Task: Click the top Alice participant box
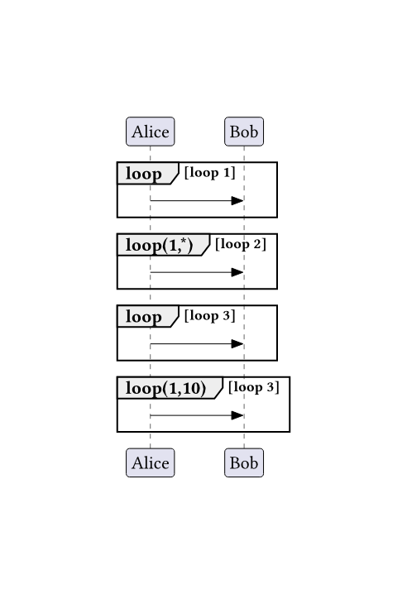tap(150, 132)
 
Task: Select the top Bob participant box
tap(244, 132)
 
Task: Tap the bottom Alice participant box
tap(150, 462)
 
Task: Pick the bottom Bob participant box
tap(244, 462)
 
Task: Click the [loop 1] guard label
tap(209, 173)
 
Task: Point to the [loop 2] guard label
tap(241, 244)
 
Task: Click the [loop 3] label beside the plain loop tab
tap(209, 315)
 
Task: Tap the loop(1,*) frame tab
tap(163, 245)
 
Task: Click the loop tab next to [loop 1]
tap(148, 173)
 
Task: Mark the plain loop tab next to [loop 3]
tap(148, 316)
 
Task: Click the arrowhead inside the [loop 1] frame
tap(237, 200)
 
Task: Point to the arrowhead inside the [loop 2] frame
tap(237, 272)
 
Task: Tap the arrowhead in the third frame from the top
tap(237, 343)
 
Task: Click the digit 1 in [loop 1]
tap(227, 173)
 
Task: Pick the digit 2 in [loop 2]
tap(258, 244)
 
